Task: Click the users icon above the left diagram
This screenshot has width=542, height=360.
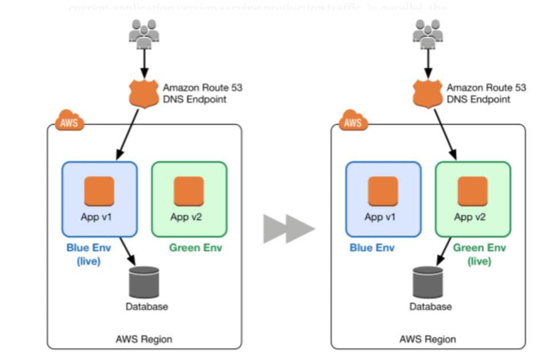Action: tap(144, 34)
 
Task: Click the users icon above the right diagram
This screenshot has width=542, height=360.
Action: tap(428, 34)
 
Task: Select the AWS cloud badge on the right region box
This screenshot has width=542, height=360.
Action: tap(353, 122)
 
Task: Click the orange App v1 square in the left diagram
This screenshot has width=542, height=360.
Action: tap(99, 191)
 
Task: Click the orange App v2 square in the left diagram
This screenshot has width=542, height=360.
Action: tap(189, 191)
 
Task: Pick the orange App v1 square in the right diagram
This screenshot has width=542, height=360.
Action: tap(383, 191)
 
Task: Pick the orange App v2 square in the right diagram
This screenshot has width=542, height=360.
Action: tap(472, 191)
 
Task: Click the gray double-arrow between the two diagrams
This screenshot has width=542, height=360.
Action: tap(289, 229)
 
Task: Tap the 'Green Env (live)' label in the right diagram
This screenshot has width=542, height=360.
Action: tap(479, 254)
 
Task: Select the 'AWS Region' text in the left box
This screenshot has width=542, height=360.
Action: tap(144, 339)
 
